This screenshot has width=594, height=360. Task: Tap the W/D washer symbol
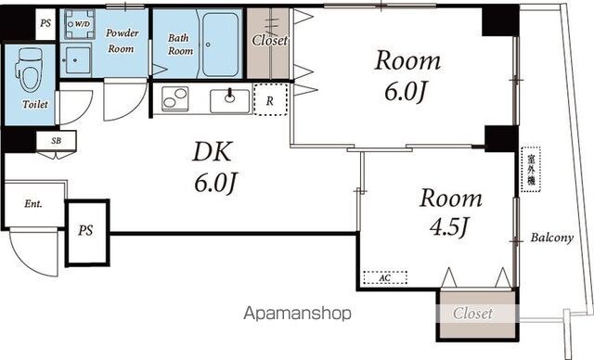tap(79, 24)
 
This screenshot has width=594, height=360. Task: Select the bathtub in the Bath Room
tap(220, 45)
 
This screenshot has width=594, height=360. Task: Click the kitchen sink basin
tap(229, 101)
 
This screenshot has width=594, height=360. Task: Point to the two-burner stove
tap(175, 98)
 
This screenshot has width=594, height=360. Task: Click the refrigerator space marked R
tap(270, 99)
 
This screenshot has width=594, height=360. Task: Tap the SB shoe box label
tap(56, 141)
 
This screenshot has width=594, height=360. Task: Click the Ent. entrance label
tap(33, 204)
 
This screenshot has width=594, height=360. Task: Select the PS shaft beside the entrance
tap(87, 233)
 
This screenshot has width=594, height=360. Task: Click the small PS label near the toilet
tap(45, 23)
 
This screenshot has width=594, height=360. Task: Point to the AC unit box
tap(385, 277)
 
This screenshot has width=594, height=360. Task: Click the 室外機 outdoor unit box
tap(531, 170)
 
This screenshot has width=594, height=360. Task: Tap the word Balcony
tap(552, 238)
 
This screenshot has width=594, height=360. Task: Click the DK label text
tap(212, 151)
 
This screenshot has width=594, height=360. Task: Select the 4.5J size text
tap(449, 227)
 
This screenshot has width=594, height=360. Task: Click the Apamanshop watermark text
tap(297, 314)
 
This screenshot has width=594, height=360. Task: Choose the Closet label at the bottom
tap(473, 314)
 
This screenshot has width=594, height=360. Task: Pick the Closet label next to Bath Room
tap(270, 40)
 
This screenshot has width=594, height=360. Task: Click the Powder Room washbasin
tap(76, 60)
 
